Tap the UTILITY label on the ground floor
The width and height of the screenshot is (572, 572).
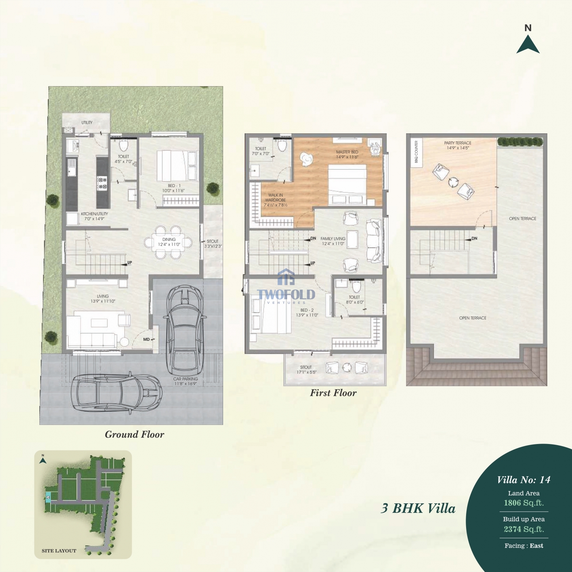[x=87, y=123]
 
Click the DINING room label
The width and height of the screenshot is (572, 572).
[x=169, y=240]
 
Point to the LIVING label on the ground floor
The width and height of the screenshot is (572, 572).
[x=103, y=296]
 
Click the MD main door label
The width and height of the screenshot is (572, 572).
[x=146, y=339]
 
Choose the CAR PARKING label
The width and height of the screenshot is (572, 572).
[x=186, y=379]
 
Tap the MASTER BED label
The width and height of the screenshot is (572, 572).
[x=347, y=152]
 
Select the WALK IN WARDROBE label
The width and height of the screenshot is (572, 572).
[x=275, y=198]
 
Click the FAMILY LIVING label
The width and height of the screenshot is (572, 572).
[x=333, y=239]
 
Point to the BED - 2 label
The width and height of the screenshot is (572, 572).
[x=307, y=310]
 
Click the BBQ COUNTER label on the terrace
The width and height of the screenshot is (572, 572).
[x=416, y=152]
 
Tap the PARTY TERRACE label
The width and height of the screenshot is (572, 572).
[x=458, y=143]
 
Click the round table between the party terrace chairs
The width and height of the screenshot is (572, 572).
[x=453, y=182]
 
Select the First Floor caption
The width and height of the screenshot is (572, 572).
[x=333, y=393]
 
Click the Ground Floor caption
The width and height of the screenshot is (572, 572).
[x=135, y=434]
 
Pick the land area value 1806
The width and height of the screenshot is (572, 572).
[x=512, y=503]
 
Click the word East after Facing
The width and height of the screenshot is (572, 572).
[x=536, y=546]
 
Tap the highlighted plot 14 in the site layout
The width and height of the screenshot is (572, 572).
[x=48, y=497]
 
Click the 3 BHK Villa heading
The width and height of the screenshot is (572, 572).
[x=418, y=508]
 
